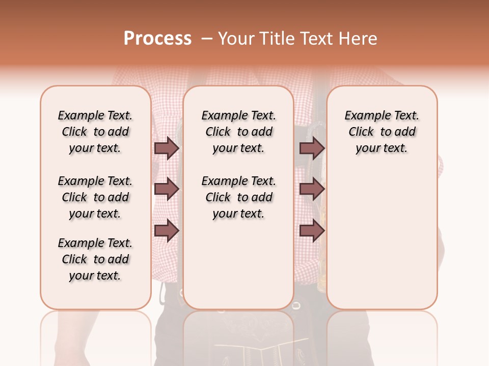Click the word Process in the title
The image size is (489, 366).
click(x=157, y=39)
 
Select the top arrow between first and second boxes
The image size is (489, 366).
click(x=167, y=148)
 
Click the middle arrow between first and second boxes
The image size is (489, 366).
click(x=167, y=190)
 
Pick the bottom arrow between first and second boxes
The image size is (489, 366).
click(x=167, y=231)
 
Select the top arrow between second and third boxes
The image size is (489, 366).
click(x=312, y=148)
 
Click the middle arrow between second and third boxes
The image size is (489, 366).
click(x=312, y=190)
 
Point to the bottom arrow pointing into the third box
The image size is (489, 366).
click(x=312, y=231)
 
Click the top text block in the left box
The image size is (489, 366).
click(x=95, y=132)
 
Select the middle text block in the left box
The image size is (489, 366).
click(x=95, y=197)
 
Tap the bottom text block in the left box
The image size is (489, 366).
click(x=95, y=259)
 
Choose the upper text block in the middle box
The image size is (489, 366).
click(x=239, y=132)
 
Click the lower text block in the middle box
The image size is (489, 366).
click(x=239, y=197)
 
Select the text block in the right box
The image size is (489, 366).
click(x=382, y=132)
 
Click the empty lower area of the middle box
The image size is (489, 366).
click(x=238, y=264)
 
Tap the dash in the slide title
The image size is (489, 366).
click(x=206, y=39)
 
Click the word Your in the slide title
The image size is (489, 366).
click(x=235, y=39)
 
